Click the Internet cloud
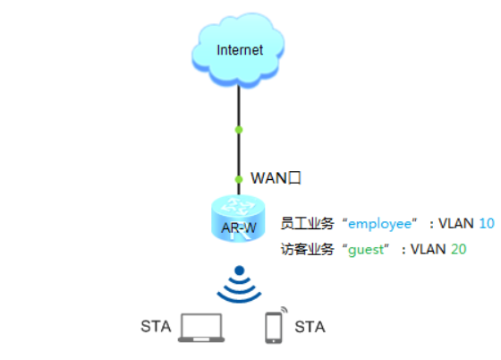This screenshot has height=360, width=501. coord(238,50)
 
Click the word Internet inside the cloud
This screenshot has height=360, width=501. coord(240,50)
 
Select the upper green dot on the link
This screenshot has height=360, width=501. coord(239,130)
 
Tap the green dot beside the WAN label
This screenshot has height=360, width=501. coord(239,179)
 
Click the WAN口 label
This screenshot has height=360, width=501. coord(276,178)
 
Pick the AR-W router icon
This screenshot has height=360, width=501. coord(238,219)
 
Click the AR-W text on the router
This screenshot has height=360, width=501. coord(239,228)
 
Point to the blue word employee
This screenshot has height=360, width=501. coord(379,224)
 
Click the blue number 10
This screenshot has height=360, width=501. coord(487,224)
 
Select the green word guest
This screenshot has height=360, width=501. coord(366,250)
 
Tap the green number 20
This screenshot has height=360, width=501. coord(458,249)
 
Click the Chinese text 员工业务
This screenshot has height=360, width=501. coord(307,224)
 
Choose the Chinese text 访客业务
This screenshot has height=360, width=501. coord(307,249)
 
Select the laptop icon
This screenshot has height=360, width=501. coord(201,328)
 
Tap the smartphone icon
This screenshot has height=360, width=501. coord(274,328)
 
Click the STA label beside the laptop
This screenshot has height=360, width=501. coord(156,327)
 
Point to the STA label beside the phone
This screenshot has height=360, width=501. coord(310,327)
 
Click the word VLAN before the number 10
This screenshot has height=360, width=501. coord(456,224)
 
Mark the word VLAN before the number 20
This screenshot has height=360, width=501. coord(428,249)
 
